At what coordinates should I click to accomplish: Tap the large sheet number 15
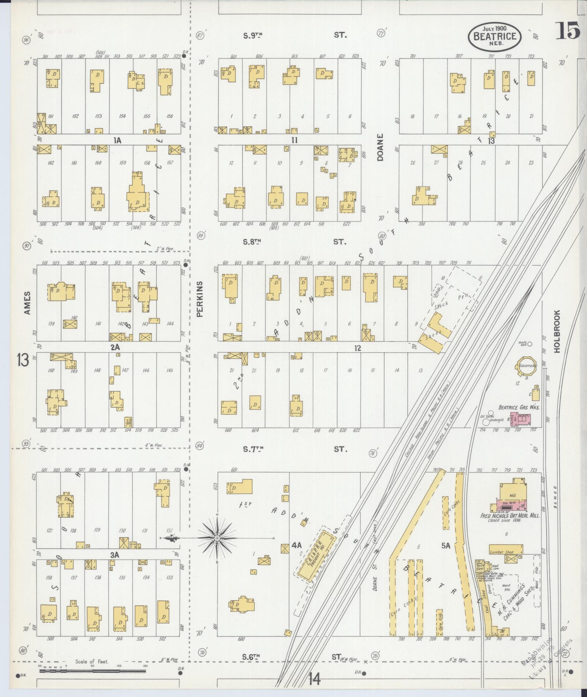pos(568,31)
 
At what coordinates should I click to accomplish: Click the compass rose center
pos(217,538)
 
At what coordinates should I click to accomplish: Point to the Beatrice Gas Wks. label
pos(519,407)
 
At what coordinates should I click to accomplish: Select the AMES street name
pos(27,303)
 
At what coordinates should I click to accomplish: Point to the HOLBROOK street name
pos(557,331)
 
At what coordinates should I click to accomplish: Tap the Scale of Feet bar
pos(92,670)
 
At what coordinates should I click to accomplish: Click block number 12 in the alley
pos(358,348)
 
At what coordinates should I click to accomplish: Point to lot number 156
pos(169,116)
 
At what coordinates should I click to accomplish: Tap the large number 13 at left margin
pos(23,361)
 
